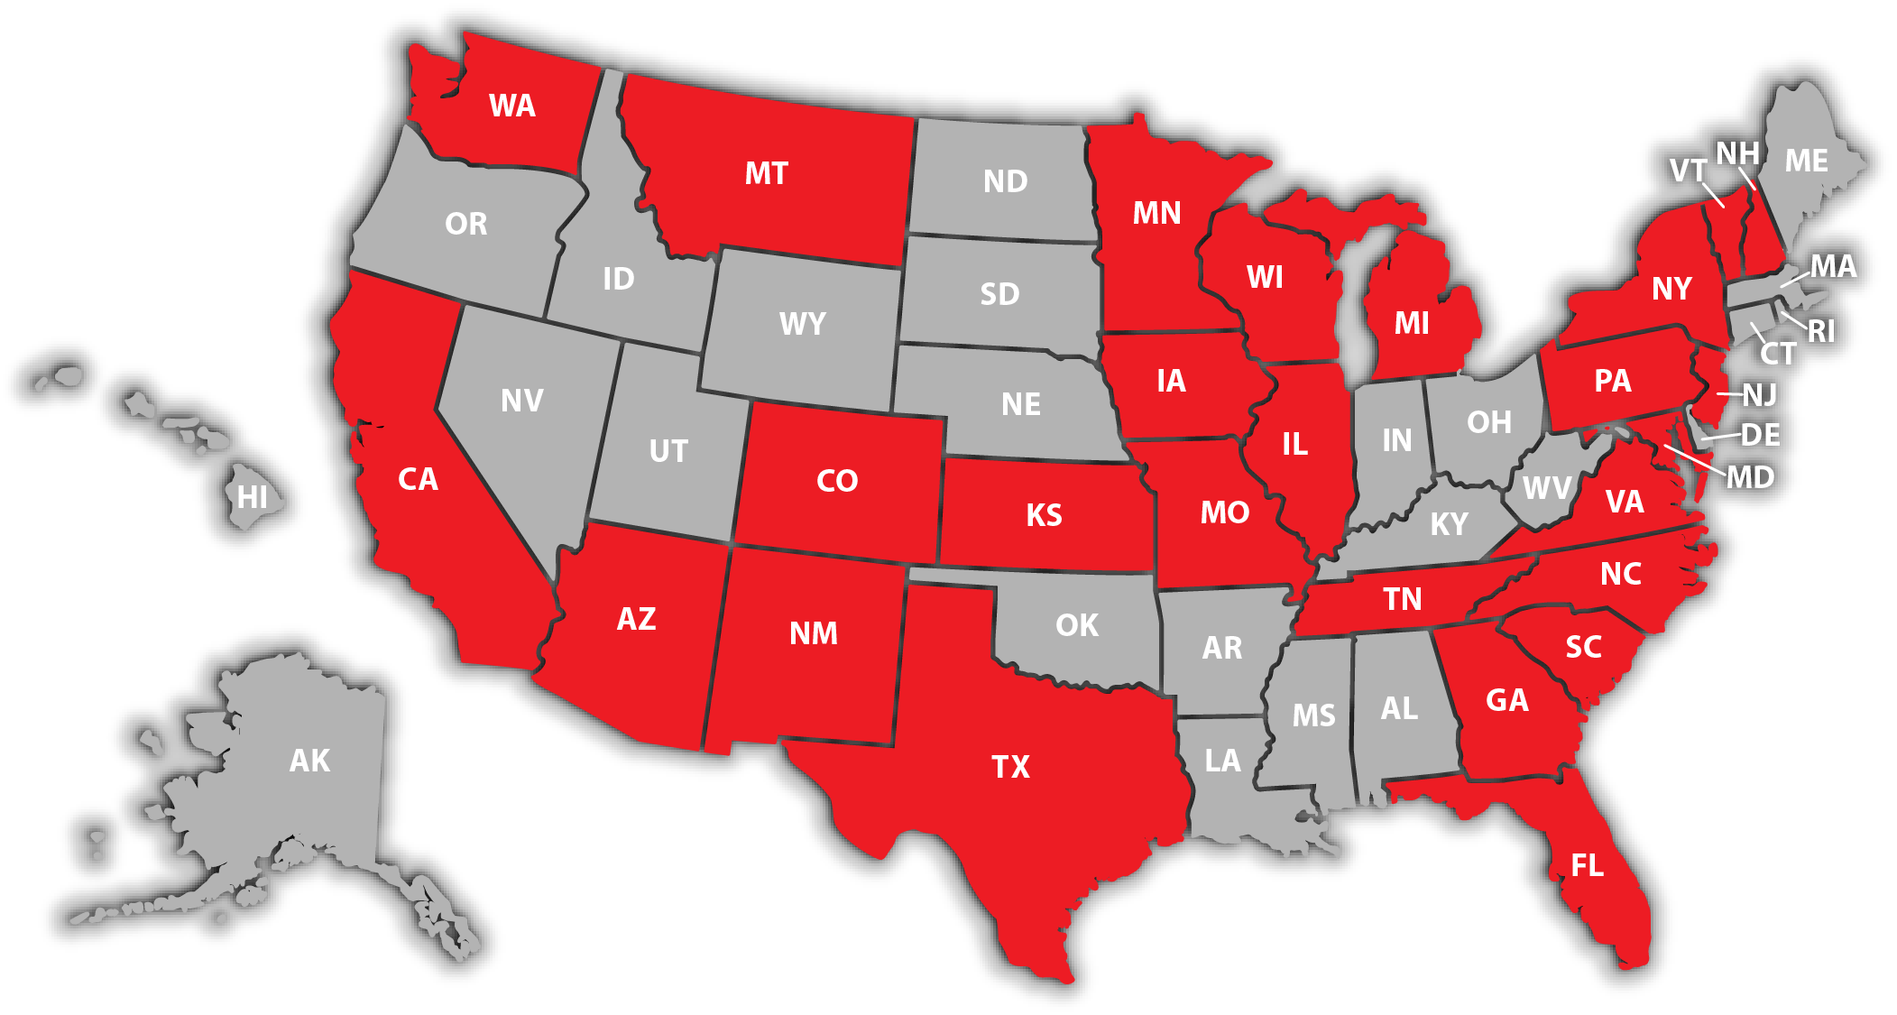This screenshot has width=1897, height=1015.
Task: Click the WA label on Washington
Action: click(x=511, y=106)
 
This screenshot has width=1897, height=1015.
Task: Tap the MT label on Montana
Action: click(x=766, y=173)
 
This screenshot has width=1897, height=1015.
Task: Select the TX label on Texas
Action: click(x=1010, y=767)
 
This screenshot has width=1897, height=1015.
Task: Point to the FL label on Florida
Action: click(x=1587, y=866)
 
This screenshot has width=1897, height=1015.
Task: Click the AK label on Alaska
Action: click(x=309, y=761)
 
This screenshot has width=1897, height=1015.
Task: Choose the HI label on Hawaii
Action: click(x=253, y=497)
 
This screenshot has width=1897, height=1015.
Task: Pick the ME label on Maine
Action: click(x=1806, y=161)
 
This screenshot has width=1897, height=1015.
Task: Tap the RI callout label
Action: click(x=1821, y=331)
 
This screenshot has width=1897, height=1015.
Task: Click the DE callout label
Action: click(x=1760, y=435)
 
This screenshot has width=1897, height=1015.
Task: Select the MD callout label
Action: click(x=1750, y=477)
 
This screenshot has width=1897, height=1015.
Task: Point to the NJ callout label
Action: click(x=1759, y=395)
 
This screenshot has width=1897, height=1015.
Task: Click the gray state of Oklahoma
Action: click(x=1077, y=625)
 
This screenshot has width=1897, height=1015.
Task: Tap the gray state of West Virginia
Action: click(x=1546, y=488)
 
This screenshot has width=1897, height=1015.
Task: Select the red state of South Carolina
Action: click(x=1583, y=647)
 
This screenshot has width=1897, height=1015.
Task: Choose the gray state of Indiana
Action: click(x=1396, y=440)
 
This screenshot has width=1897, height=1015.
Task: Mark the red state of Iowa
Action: click(x=1171, y=381)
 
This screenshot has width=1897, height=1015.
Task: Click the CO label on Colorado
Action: click(x=836, y=481)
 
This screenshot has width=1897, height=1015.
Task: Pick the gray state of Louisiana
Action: click(x=1222, y=761)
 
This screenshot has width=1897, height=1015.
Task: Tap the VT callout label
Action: click(x=1688, y=171)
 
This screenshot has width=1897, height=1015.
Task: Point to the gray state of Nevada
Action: click(x=521, y=401)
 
